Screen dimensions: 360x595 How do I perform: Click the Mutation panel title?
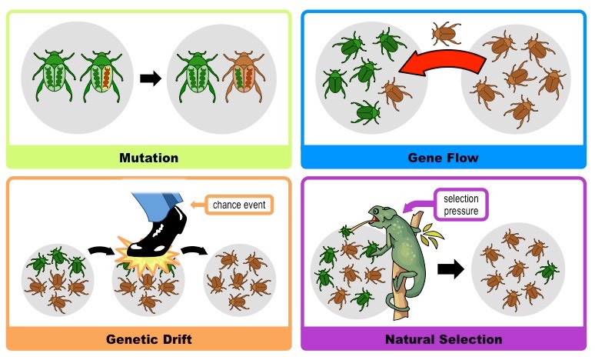coord(148,158)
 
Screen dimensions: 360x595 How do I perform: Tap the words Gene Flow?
coord(443,158)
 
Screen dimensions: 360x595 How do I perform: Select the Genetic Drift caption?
coord(148,339)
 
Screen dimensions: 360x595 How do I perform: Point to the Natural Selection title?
coord(443,339)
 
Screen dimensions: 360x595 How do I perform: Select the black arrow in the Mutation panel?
coord(150,78)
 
